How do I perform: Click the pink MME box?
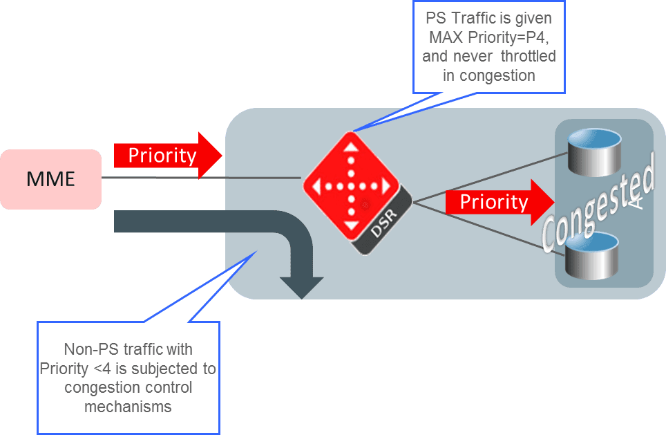(x=50, y=179)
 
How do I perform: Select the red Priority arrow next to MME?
(x=168, y=155)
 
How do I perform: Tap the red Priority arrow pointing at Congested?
(x=500, y=202)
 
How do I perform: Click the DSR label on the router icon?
(x=384, y=223)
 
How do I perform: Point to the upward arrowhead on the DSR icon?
(x=351, y=147)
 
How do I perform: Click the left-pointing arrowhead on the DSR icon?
(x=316, y=186)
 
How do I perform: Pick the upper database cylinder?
(x=594, y=152)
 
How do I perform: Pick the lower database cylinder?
(x=591, y=256)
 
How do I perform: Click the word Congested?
(x=598, y=203)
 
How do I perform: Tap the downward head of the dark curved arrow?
(x=302, y=288)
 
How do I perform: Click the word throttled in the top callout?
(x=528, y=56)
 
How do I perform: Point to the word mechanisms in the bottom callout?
(x=128, y=407)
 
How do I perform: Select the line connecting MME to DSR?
(x=201, y=178)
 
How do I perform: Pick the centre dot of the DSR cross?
(x=351, y=186)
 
